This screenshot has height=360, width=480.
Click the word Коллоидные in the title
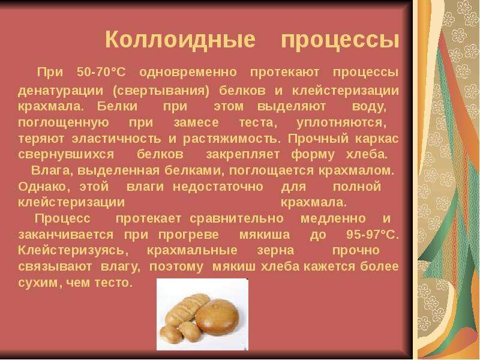point(181,39)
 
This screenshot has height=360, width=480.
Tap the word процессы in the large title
point(340,40)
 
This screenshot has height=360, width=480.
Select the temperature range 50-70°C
point(101,72)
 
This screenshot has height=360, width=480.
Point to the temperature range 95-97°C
point(373,235)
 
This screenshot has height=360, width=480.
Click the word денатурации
point(61,91)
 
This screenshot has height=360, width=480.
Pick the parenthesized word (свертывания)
point(161,91)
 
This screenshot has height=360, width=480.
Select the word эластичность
point(116,139)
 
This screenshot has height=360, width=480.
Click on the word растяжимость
point(232,139)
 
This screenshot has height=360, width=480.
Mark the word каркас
point(377,139)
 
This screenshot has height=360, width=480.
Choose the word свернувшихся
point(66,154)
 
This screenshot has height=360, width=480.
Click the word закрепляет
point(243,155)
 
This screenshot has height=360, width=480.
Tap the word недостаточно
point(218,187)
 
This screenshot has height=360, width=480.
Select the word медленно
point(333,219)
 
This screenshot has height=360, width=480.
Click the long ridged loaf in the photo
point(185,308)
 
